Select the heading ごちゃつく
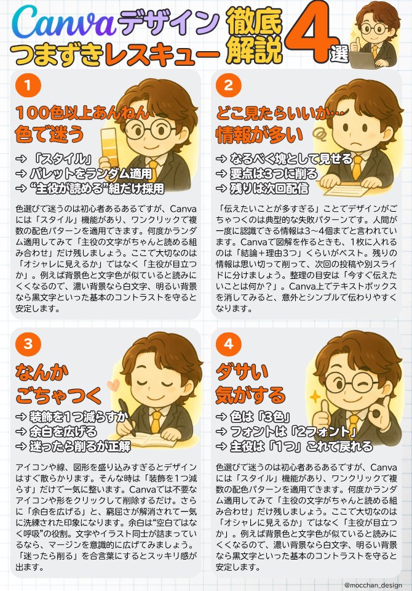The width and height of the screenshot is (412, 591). pos(58,395)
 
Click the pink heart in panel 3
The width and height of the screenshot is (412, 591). pos(113,385)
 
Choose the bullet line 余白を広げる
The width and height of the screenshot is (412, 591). pos(56,432)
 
